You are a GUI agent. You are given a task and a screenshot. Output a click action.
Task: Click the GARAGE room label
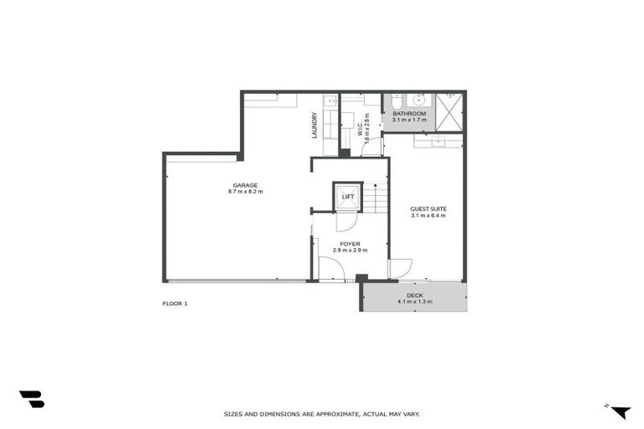(x=245, y=185)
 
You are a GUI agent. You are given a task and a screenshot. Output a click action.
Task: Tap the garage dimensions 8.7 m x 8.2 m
(x=245, y=192)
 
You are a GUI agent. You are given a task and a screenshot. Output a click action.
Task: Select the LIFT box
(x=347, y=197)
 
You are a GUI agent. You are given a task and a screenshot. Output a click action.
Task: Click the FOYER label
(x=350, y=243)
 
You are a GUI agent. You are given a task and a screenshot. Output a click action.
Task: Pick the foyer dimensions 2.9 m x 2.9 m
(x=350, y=250)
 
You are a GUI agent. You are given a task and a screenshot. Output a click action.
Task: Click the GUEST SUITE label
(x=428, y=209)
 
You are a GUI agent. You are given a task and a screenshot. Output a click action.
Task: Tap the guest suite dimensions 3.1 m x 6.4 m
(x=428, y=215)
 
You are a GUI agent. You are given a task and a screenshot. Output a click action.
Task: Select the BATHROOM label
(x=409, y=113)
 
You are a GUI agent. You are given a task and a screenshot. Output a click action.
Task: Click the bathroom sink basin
(x=418, y=99)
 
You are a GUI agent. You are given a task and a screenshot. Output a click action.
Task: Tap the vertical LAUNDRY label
(x=314, y=125)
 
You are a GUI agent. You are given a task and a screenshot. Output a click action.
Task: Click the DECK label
(x=414, y=295)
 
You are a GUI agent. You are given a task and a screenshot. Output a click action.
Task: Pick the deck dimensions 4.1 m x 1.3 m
(x=414, y=302)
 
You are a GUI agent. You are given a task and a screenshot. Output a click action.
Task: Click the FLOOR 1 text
(x=174, y=303)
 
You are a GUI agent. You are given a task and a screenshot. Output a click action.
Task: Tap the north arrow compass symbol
(x=620, y=411)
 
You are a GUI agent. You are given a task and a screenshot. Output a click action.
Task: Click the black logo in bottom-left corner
(x=31, y=399)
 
